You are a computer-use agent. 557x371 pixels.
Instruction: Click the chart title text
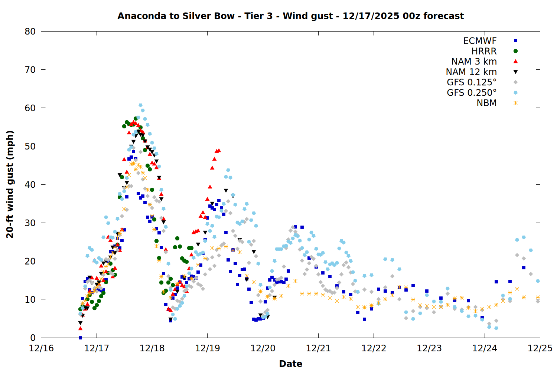tap(290, 16)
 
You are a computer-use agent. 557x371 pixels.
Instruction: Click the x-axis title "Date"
tap(290, 364)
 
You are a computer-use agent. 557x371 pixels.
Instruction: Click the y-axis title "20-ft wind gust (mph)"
tap(10, 184)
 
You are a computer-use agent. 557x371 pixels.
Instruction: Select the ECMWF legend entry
tap(480, 41)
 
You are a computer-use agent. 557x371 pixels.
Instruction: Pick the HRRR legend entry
tap(484, 51)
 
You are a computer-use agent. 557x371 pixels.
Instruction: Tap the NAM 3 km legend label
tap(474, 62)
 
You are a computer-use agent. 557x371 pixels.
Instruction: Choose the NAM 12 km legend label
tap(471, 72)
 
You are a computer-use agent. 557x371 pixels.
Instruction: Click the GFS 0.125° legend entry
tap(472, 82)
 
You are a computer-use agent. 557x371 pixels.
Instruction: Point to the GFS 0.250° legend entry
tap(472, 93)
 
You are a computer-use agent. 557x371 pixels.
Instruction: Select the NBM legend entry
tap(486, 103)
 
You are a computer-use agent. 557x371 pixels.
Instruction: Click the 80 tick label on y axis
tap(30, 32)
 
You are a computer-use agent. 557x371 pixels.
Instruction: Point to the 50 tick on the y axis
tap(30, 146)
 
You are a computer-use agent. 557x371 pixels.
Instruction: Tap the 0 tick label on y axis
tap(33, 338)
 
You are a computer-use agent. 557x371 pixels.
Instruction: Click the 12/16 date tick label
tap(41, 348)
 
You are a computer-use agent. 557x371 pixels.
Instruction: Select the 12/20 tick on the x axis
tap(263, 348)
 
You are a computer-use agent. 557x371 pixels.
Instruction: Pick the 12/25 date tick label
tap(540, 348)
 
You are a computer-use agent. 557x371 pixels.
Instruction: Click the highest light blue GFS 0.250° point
tap(140, 105)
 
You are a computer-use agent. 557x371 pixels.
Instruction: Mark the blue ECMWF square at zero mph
tap(80, 338)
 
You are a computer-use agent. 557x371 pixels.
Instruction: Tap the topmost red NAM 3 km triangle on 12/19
tap(219, 150)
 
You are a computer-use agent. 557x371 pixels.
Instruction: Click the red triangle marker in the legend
tap(515, 62)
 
